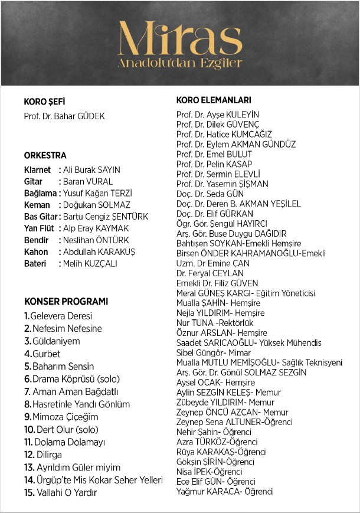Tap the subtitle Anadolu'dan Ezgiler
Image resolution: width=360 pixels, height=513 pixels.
179,63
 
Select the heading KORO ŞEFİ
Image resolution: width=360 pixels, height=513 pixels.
44,102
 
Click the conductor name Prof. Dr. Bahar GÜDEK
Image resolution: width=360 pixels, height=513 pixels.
64,116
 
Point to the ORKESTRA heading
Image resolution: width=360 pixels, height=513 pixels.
45,156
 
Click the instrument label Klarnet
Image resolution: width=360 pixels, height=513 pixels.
37,170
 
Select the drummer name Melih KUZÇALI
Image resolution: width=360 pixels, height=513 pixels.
90,263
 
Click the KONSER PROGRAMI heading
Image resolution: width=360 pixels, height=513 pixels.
66,302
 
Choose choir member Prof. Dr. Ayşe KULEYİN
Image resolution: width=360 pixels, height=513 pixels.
218,115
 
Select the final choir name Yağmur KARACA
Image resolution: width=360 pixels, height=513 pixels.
224,491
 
